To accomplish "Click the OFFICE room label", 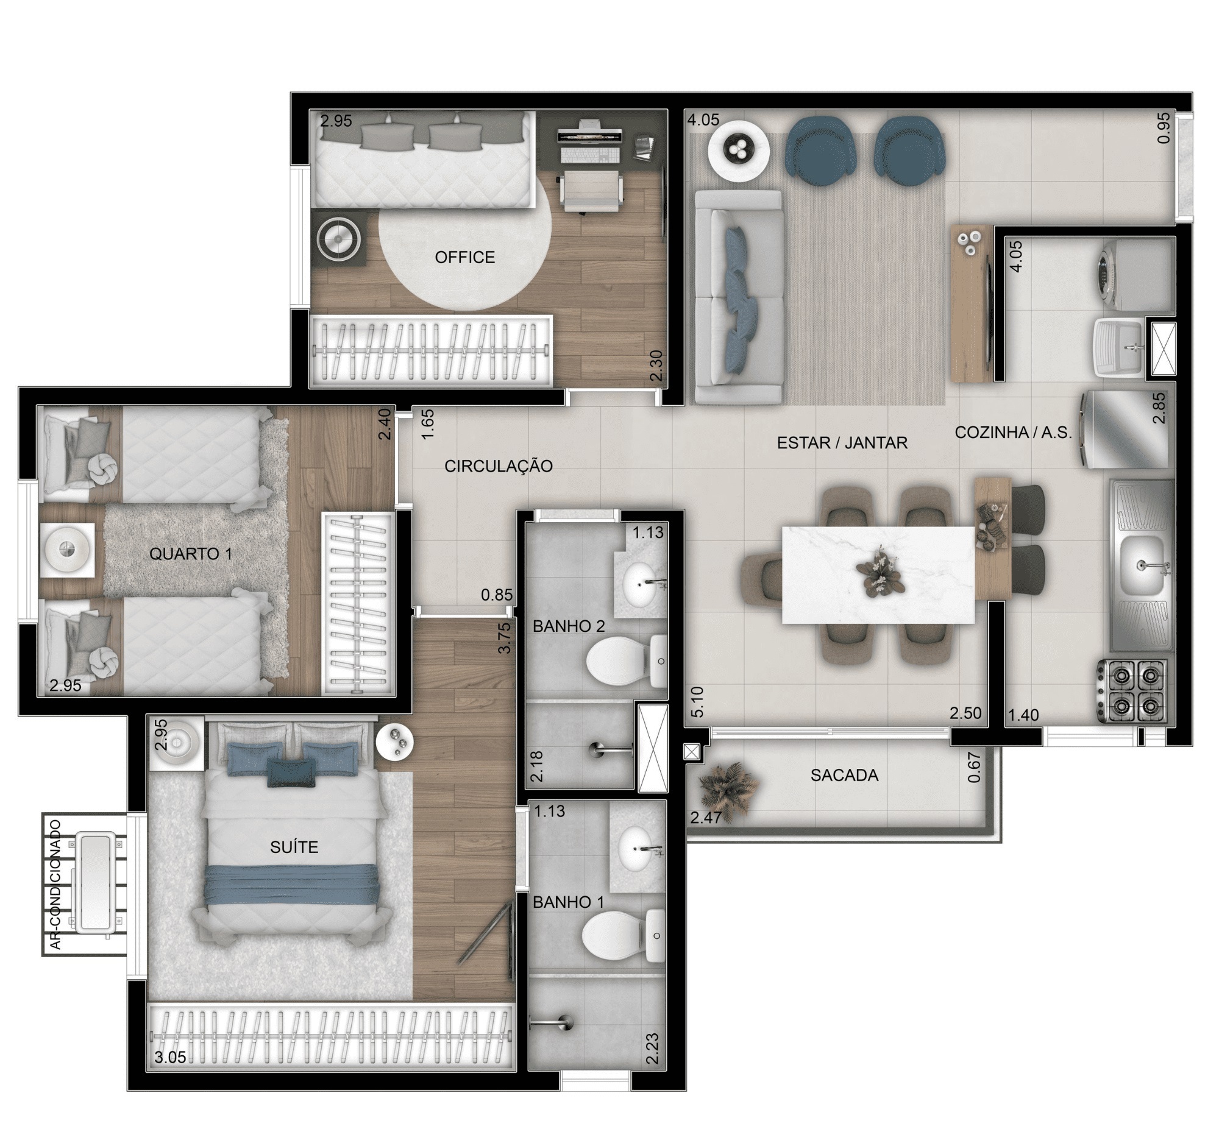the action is (x=464, y=257).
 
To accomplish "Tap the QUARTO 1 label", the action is (x=191, y=554).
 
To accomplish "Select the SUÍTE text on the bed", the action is (x=294, y=847).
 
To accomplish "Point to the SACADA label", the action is (x=844, y=775).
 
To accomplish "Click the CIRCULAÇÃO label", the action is (x=499, y=466).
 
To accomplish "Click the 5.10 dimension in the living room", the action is (x=697, y=702).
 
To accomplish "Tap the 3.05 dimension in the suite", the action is (x=171, y=1057).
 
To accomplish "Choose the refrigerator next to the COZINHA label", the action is (x=1124, y=430).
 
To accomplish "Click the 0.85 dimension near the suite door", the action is (x=497, y=595).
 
